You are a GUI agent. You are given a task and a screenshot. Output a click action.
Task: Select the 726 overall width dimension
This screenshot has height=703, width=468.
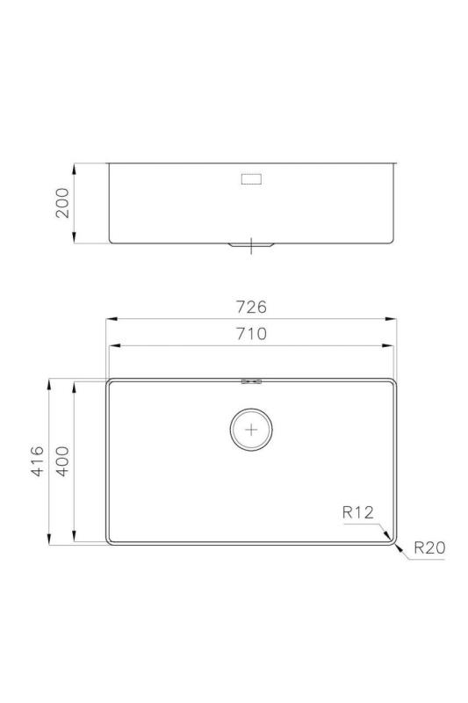pyautogui.click(x=250, y=307)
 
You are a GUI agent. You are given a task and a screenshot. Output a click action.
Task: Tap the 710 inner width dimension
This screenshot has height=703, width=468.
pyautogui.click(x=250, y=334)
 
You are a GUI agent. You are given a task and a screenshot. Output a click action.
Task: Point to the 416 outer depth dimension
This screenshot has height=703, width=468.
pyautogui.click(x=38, y=461)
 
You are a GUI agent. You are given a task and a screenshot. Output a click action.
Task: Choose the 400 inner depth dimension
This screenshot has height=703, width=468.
pyautogui.click(x=63, y=461)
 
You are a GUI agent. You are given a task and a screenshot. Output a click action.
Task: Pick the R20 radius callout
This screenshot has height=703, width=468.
pyautogui.click(x=429, y=548)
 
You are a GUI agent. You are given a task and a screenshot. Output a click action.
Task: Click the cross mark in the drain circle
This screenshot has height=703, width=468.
pyautogui.click(x=252, y=430)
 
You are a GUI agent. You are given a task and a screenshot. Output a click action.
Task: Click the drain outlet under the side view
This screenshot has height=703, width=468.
pyautogui.click(x=252, y=245)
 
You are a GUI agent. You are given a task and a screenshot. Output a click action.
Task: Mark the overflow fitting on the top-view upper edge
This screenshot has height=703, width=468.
pyautogui.click(x=252, y=380)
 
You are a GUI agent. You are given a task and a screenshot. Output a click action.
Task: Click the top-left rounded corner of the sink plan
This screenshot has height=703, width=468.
pyautogui.click(x=111, y=383)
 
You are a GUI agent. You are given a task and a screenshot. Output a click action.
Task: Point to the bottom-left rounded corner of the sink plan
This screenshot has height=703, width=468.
pyautogui.click(x=111, y=540)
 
